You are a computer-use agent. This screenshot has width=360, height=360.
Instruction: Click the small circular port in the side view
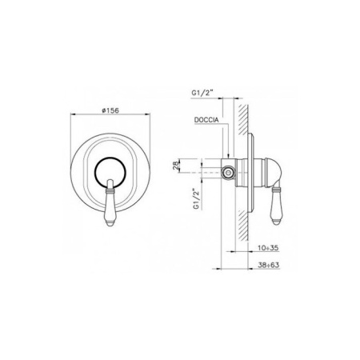coord(229,172)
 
